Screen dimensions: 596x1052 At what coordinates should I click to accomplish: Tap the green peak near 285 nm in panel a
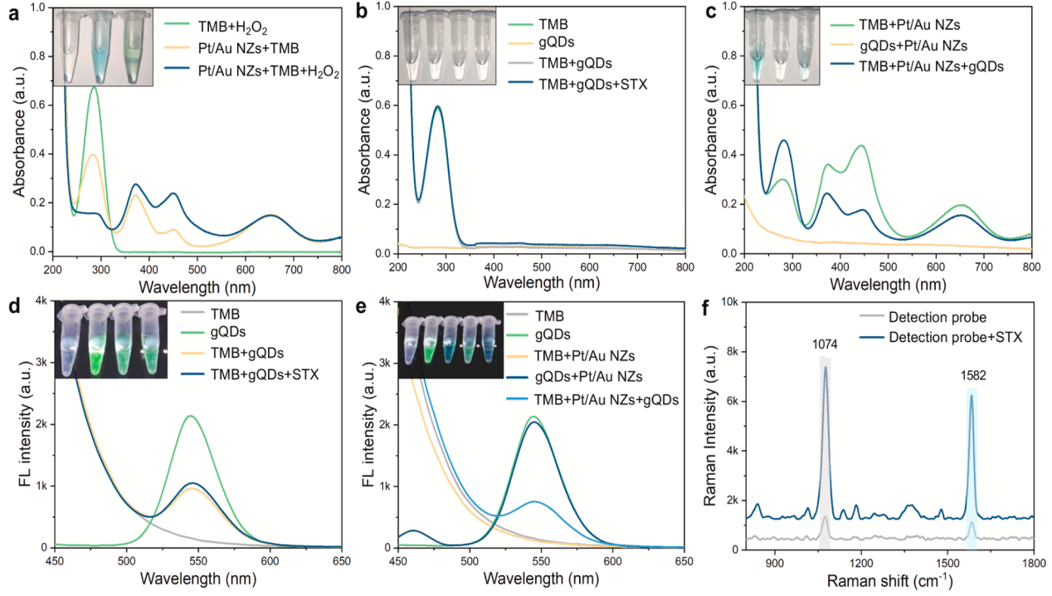pos(94,87)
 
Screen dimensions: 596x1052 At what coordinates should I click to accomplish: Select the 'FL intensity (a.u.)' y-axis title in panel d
pos(12,425)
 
